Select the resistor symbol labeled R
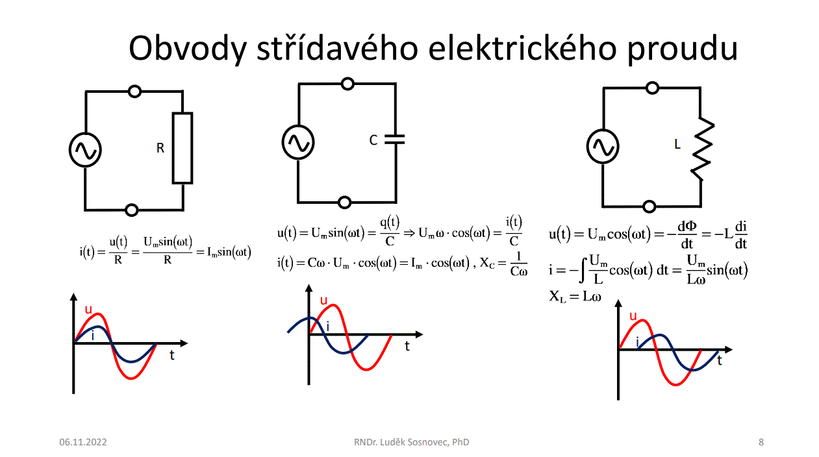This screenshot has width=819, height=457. click(x=183, y=147)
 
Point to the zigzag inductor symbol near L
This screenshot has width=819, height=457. click(x=702, y=147)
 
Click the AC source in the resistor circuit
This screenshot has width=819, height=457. click(x=85, y=150)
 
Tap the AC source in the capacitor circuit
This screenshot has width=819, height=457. click(x=298, y=142)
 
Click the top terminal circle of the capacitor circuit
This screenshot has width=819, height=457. click(x=347, y=84)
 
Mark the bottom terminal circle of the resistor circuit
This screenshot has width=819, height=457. click(x=132, y=210)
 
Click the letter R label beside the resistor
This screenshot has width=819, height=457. click(x=160, y=149)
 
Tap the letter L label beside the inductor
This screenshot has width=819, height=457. click(x=677, y=145)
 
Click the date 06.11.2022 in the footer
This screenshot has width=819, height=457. click(x=83, y=442)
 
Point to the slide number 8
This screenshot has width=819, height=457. click(x=761, y=442)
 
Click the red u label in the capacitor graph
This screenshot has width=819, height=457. click(x=323, y=301)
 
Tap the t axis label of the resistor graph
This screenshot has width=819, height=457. click(x=172, y=355)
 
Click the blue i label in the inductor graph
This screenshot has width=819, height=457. click(x=637, y=341)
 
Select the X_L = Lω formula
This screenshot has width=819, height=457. click(x=575, y=297)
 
